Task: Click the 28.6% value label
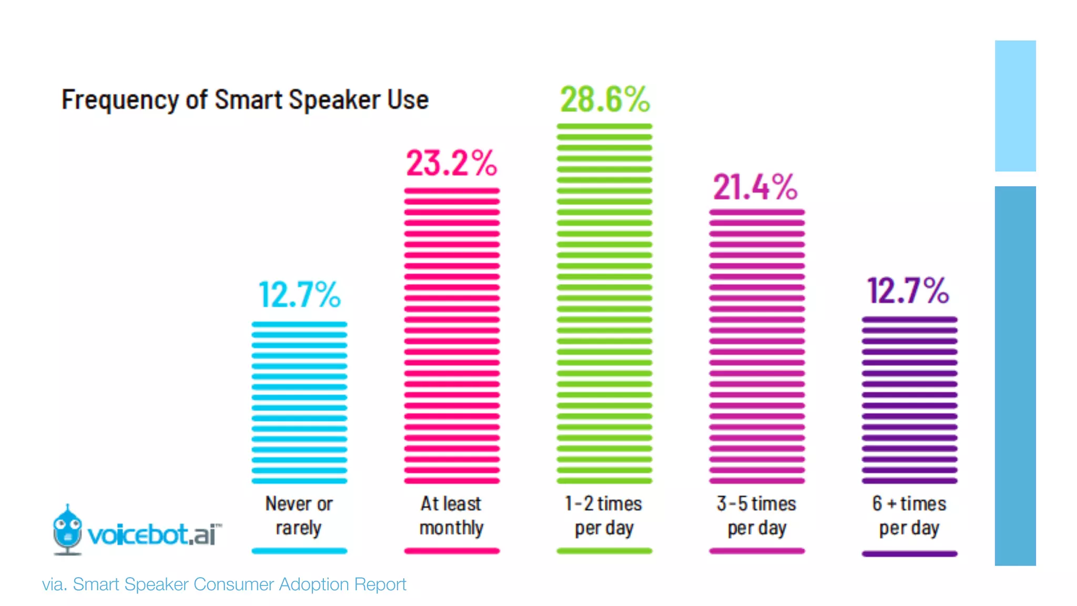pyautogui.click(x=605, y=99)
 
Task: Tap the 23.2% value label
pyautogui.click(x=451, y=163)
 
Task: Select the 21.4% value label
pyautogui.click(x=755, y=187)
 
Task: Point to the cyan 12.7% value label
pyautogui.click(x=300, y=294)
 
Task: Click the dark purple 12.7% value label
pyautogui.click(x=908, y=290)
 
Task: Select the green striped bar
pyautogui.click(x=604, y=304)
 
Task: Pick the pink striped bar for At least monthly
pyautogui.click(x=452, y=336)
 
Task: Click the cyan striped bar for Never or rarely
pyautogui.click(x=299, y=402)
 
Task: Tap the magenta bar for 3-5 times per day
pyautogui.click(x=757, y=346)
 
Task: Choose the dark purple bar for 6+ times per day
pyautogui.click(x=909, y=400)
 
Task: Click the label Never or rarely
pyautogui.click(x=299, y=516)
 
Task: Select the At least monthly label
pyautogui.click(x=451, y=516)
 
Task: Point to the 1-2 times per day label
pyautogui.click(x=604, y=516)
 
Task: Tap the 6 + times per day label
pyautogui.click(x=909, y=516)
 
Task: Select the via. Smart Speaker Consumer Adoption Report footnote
pyautogui.click(x=224, y=584)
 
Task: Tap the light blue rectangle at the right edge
pyautogui.click(x=1015, y=106)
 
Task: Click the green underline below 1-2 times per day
pyautogui.click(x=604, y=551)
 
